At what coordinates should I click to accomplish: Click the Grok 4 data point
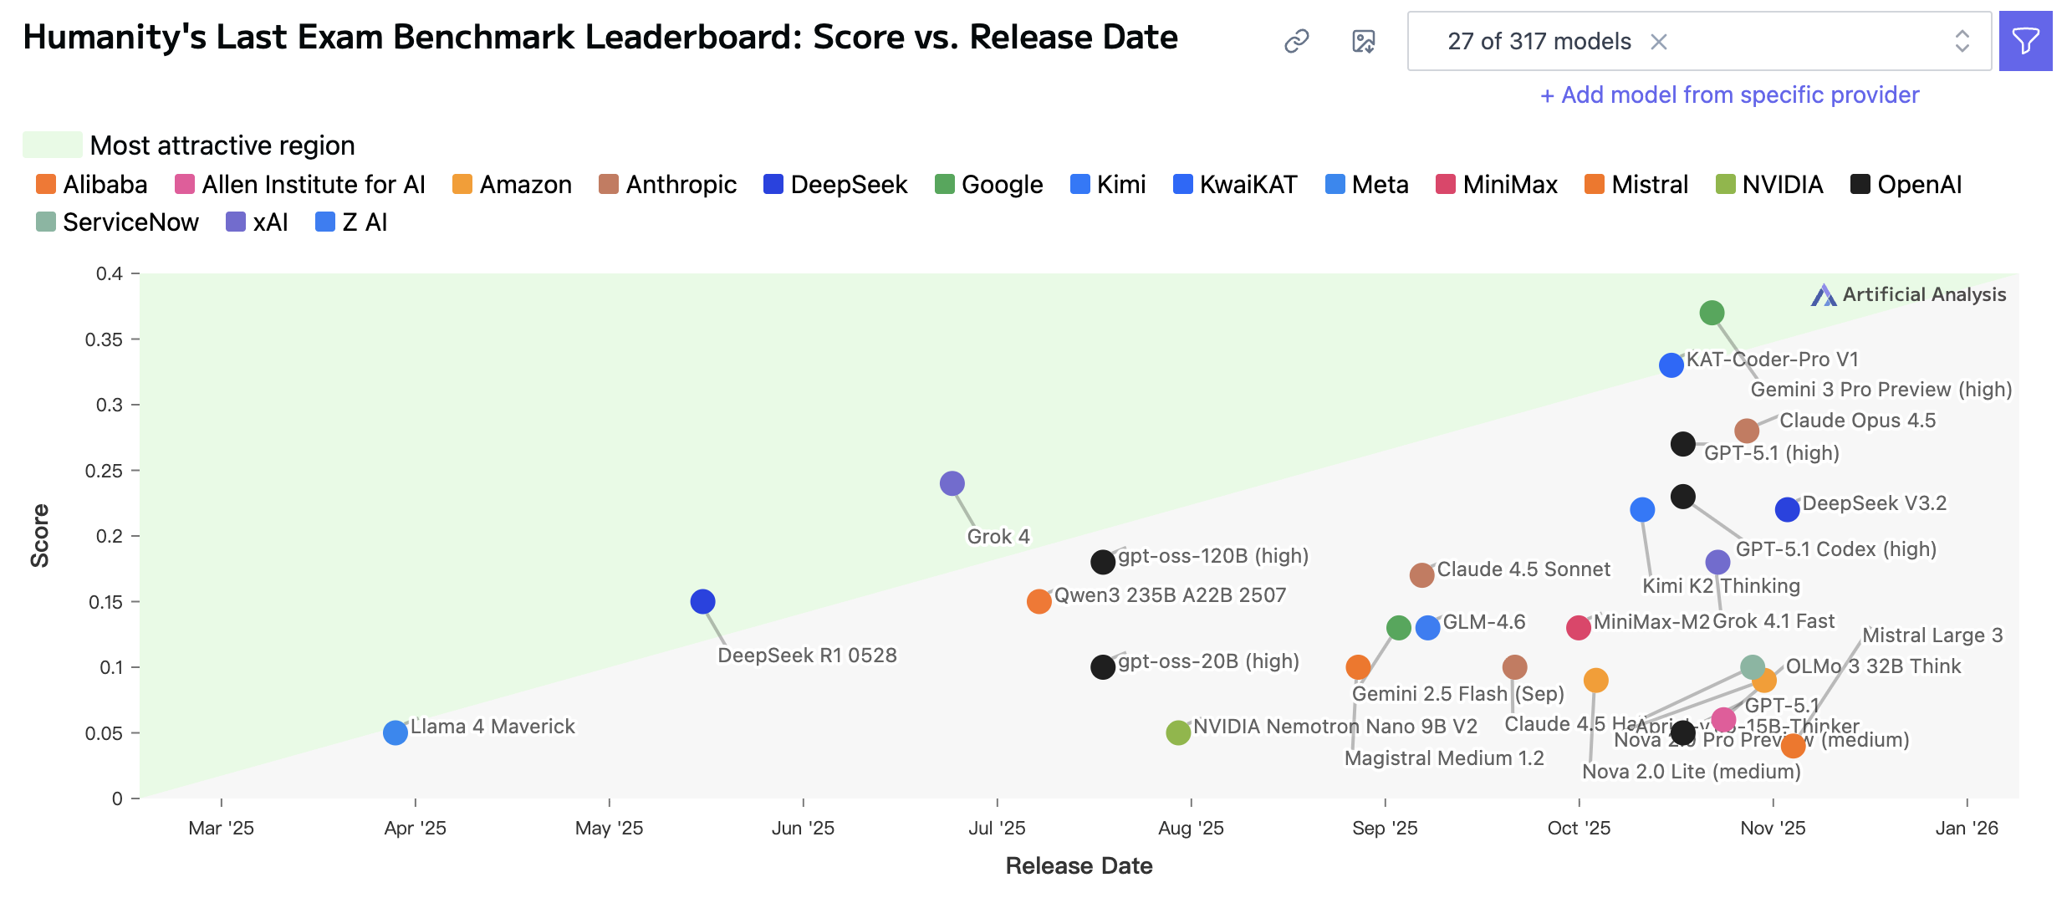click(x=952, y=483)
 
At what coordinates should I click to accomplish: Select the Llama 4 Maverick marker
click(x=395, y=732)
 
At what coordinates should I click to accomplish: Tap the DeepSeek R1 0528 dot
click(x=702, y=601)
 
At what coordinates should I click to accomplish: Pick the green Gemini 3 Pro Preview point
click(x=1712, y=313)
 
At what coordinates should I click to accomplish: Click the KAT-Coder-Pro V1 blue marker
click(x=1671, y=365)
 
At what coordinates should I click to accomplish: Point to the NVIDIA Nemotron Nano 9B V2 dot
click(x=1178, y=732)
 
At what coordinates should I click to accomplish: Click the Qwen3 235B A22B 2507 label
click(x=1170, y=595)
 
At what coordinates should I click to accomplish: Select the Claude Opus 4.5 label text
click(x=1857, y=421)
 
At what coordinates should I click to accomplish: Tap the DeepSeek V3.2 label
click(x=1874, y=503)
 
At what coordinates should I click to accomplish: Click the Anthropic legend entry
click(x=668, y=185)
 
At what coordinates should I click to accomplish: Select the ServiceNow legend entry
click(x=118, y=222)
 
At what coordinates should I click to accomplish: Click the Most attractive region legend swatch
click(x=52, y=145)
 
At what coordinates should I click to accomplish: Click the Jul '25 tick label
click(x=997, y=828)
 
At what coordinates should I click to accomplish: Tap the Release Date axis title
click(x=1079, y=865)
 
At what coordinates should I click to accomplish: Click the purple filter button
click(x=2025, y=41)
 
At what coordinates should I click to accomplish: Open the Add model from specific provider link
click(x=1729, y=95)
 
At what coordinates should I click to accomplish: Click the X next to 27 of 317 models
click(x=1659, y=42)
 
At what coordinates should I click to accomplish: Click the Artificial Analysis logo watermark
click(x=1908, y=294)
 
